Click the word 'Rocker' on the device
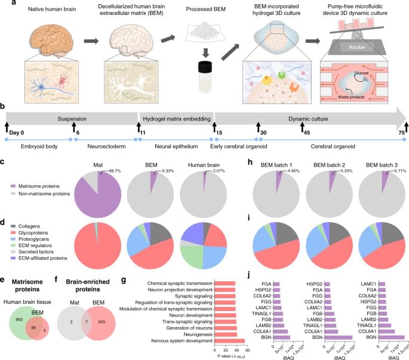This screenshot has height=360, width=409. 359,48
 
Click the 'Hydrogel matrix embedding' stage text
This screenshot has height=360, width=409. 176,118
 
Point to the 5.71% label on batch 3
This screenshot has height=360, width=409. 390,171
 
